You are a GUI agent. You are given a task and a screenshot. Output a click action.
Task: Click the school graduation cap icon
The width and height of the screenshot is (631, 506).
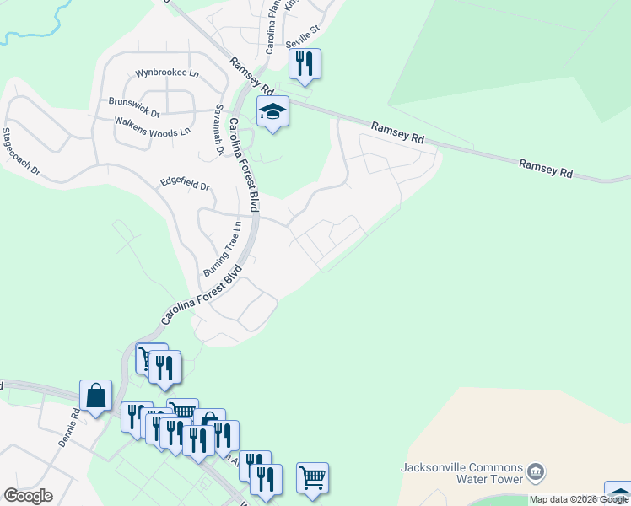click(x=272, y=111)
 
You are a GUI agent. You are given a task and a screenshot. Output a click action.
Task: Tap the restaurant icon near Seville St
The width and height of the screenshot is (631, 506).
click(x=305, y=63)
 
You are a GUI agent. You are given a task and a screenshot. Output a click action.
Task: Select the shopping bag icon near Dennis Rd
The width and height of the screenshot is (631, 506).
click(x=95, y=395)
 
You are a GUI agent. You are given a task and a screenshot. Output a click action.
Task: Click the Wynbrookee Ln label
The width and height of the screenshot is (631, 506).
click(x=166, y=73)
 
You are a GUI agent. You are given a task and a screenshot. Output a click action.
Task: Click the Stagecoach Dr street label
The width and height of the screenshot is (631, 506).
click(x=21, y=152)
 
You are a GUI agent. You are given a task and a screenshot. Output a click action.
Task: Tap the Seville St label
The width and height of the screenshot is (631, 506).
click(x=304, y=29)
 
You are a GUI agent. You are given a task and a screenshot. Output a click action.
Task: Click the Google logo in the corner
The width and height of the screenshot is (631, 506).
click(x=28, y=496)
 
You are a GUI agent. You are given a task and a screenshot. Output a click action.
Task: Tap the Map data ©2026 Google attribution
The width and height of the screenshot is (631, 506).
click(x=579, y=499)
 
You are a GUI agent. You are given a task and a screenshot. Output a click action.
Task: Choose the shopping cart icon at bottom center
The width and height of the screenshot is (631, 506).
click(x=312, y=477)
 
